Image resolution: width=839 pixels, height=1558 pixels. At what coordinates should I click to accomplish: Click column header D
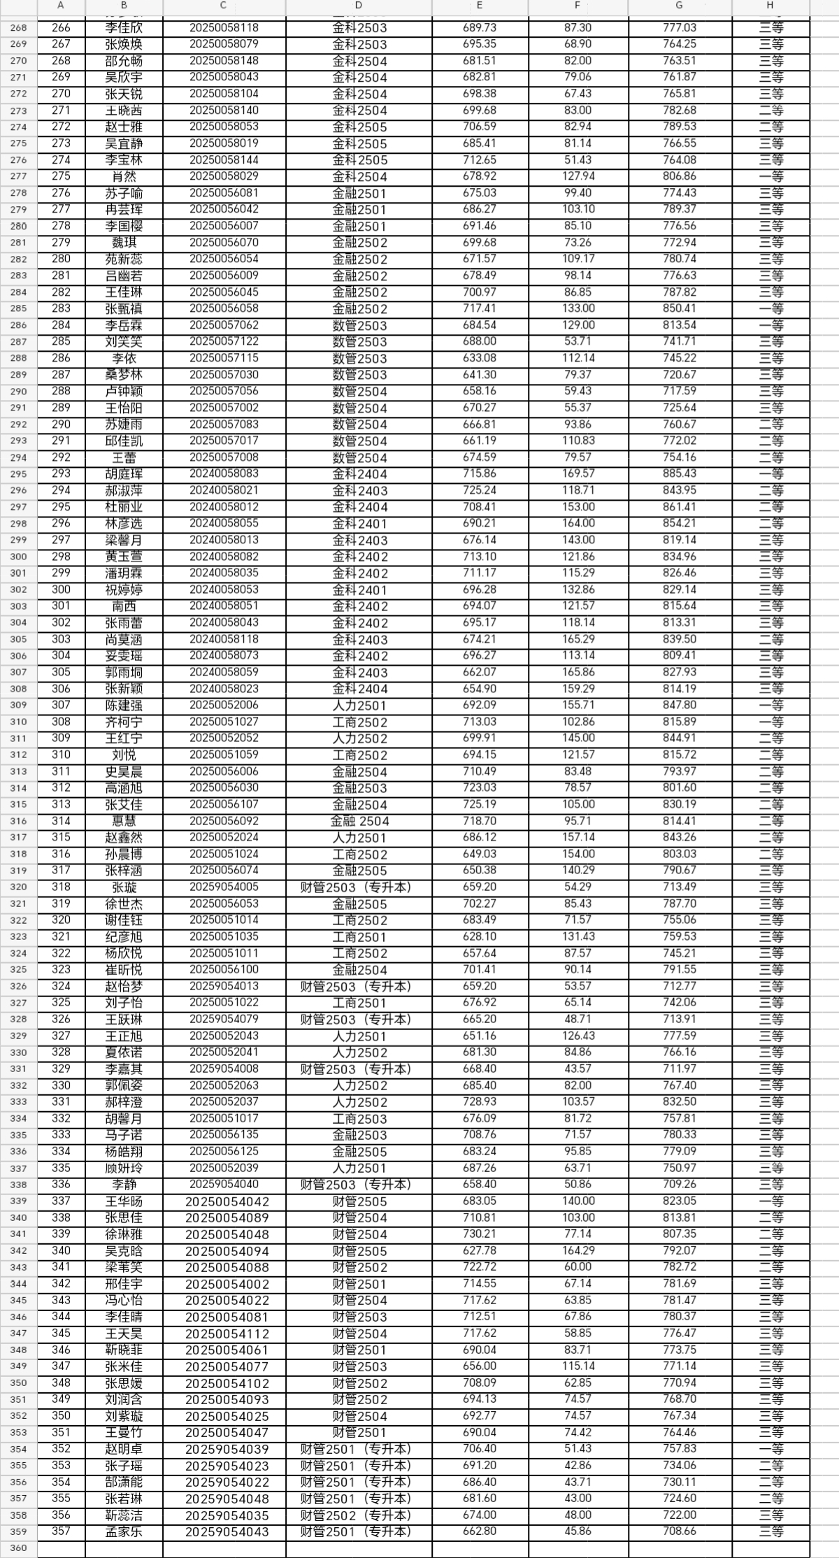pyautogui.click(x=359, y=6)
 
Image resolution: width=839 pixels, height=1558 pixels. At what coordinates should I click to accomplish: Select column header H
pyautogui.click(x=770, y=6)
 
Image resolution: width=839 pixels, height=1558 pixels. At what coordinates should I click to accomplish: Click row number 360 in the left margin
pyautogui.click(x=18, y=1548)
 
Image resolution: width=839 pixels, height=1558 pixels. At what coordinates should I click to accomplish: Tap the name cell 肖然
pyautogui.click(x=124, y=176)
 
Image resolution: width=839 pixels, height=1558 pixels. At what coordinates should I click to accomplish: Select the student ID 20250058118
pyautogui.click(x=224, y=28)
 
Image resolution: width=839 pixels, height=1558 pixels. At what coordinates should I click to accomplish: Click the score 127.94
pyautogui.click(x=578, y=176)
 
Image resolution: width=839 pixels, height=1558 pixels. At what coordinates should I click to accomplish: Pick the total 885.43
pyautogui.click(x=680, y=473)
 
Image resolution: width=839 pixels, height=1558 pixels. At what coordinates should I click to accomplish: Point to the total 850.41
pyautogui.click(x=680, y=308)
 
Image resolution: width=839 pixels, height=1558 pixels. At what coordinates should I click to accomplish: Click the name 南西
pyautogui.click(x=124, y=606)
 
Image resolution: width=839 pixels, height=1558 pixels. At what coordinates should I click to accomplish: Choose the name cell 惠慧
pyautogui.click(x=124, y=821)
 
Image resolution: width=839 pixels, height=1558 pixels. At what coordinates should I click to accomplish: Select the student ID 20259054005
pyautogui.click(x=224, y=887)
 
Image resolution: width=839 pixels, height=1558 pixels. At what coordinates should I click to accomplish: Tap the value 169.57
pyautogui.click(x=578, y=473)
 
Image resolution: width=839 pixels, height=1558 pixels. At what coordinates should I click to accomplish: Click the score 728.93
pyautogui.click(x=480, y=1102)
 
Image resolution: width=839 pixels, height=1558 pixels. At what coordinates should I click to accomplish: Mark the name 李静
pyautogui.click(x=124, y=1185)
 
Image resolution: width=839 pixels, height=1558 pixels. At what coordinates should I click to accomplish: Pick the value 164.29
pyautogui.click(x=578, y=1251)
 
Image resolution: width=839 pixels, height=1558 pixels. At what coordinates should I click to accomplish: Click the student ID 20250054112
pyautogui.click(x=227, y=1334)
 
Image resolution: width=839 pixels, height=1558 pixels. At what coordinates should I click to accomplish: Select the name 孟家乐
pyautogui.click(x=124, y=1531)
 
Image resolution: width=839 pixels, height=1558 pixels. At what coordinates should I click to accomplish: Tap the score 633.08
pyautogui.click(x=480, y=358)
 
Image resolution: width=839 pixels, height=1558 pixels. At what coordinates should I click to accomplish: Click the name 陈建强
pyautogui.click(x=124, y=706)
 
